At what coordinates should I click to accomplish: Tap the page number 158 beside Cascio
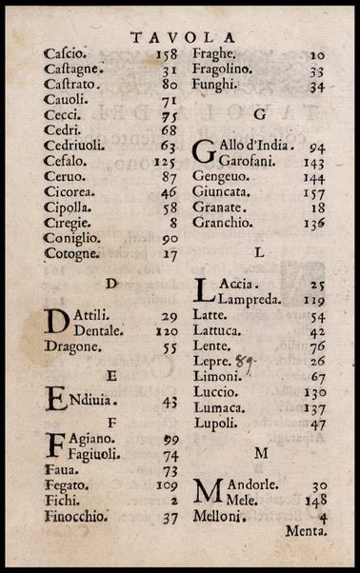click(166, 54)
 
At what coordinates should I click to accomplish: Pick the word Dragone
click(72, 347)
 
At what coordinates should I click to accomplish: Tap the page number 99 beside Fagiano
click(171, 440)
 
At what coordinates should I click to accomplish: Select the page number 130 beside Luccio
click(313, 392)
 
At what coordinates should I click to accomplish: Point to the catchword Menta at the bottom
click(306, 532)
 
